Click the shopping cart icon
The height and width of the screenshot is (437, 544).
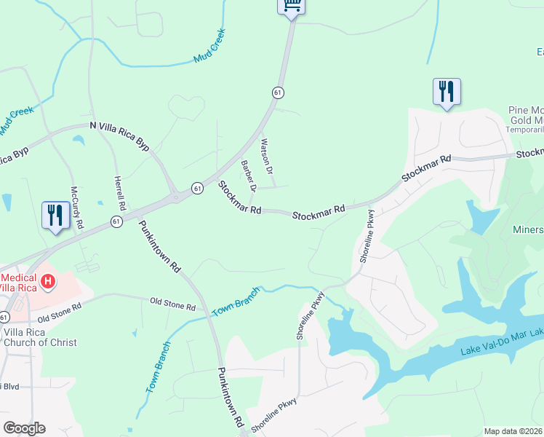click(x=291, y=6)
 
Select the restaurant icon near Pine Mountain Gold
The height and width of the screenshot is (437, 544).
click(x=447, y=92)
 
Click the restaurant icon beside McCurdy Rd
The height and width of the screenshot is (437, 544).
click(x=55, y=215)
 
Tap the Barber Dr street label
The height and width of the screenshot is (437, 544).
click(x=249, y=176)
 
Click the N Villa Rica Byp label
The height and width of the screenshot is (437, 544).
click(x=119, y=136)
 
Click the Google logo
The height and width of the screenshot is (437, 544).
click(x=24, y=428)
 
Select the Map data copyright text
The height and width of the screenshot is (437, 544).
click(x=513, y=431)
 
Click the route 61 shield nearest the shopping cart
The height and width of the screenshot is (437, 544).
click(x=278, y=92)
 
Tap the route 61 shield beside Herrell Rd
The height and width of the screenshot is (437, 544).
click(x=116, y=221)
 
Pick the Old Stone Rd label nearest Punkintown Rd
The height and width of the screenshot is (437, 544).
click(x=172, y=304)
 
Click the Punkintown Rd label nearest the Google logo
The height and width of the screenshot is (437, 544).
click(x=231, y=396)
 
